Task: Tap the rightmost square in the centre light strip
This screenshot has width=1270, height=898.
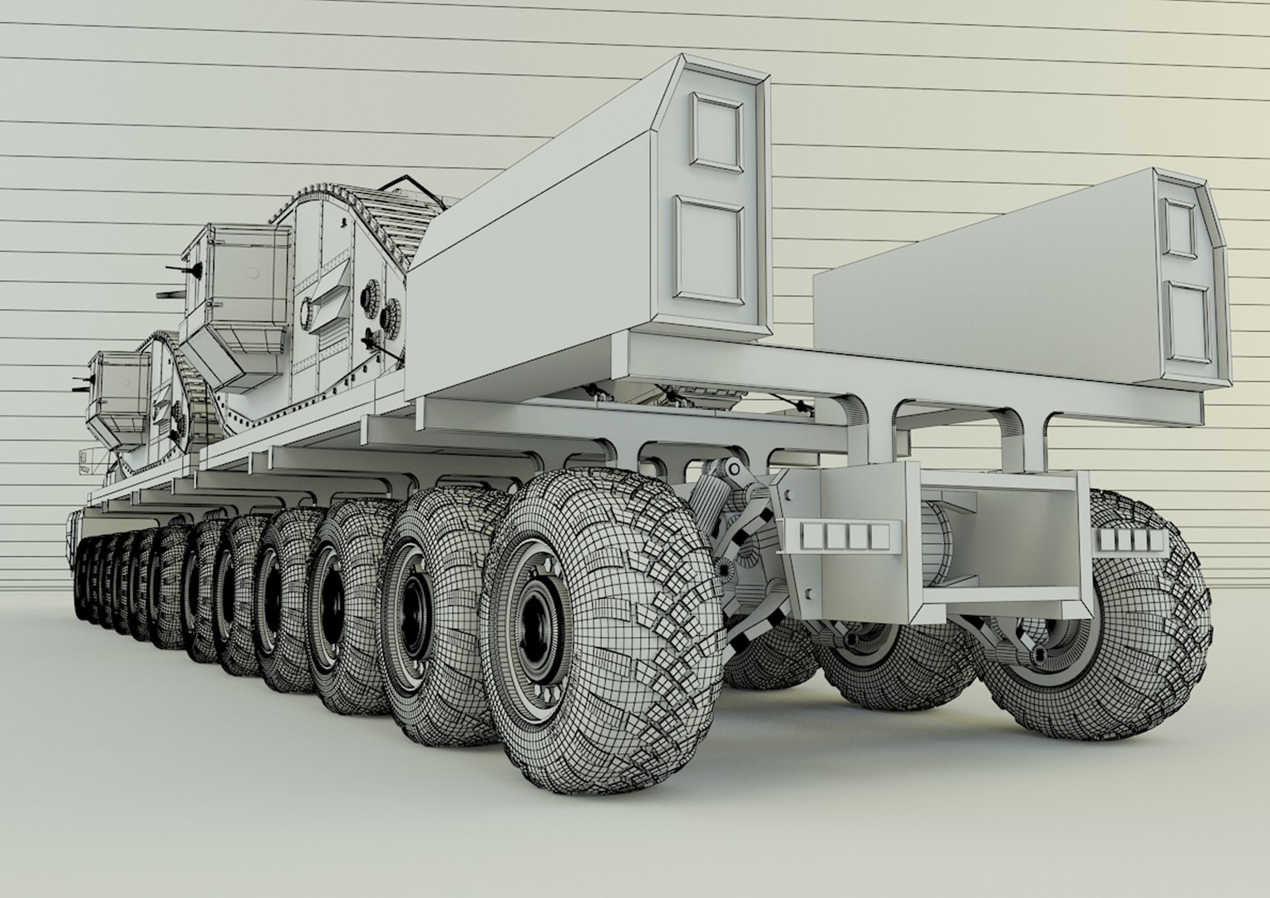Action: (x=879, y=537)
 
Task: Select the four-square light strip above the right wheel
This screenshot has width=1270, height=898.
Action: (x=1129, y=541)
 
